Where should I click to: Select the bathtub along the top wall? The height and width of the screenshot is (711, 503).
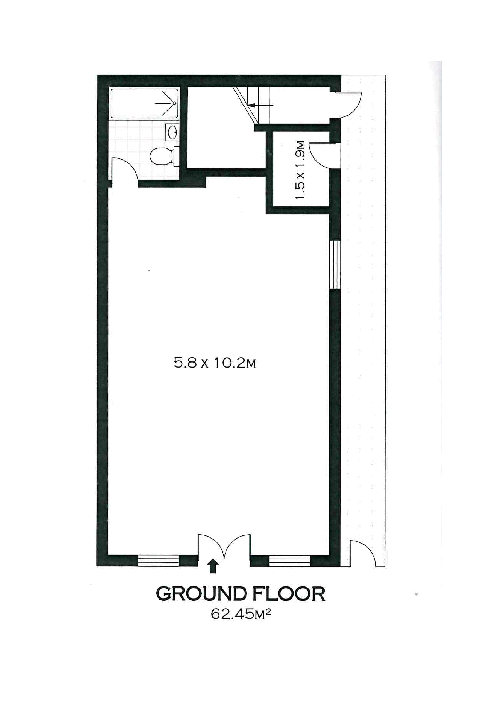tap(145, 103)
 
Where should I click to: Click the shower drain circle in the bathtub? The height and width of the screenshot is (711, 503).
tap(174, 103)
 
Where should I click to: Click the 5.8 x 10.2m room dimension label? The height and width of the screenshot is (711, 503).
tap(215, 363)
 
